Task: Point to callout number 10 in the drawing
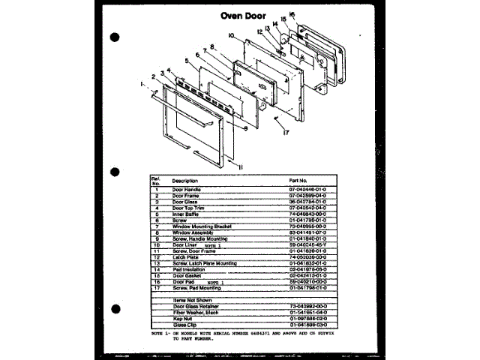[x=232, y=35]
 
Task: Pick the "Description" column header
[x=184, y=181]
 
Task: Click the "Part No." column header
[x=298, y=181]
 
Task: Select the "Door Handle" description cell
[x=187, y=190]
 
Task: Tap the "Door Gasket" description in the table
[x=188, y=275]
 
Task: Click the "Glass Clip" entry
[x=185, y=324]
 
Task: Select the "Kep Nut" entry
[x=184, y=318]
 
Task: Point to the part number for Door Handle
[x=308, y=190]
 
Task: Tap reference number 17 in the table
[x=157, y=287]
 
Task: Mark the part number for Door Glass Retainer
[x=308, y=306]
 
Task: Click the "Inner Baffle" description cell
[x=187, y=213]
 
